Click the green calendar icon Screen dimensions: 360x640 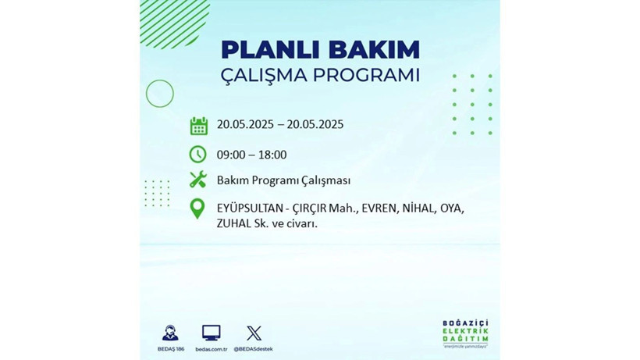pos(198,126)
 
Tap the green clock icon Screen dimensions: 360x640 pos(198,154)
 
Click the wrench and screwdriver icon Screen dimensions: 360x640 pos(198,180)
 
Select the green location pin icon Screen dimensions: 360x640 pos(198,209)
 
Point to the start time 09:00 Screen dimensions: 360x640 pos(232,155)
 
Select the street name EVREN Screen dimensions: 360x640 pos(380,209)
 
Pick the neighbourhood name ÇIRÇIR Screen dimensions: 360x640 pos(311,209)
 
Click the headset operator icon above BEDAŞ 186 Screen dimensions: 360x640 pos(169,333)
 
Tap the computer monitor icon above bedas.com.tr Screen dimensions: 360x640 pos(211,333)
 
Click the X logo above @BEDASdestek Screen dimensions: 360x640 pos(254,333)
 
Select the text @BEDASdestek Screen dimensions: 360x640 pos(254,348)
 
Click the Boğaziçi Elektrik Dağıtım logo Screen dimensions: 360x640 pos(464,334)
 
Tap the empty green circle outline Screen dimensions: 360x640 pos(160,94)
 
